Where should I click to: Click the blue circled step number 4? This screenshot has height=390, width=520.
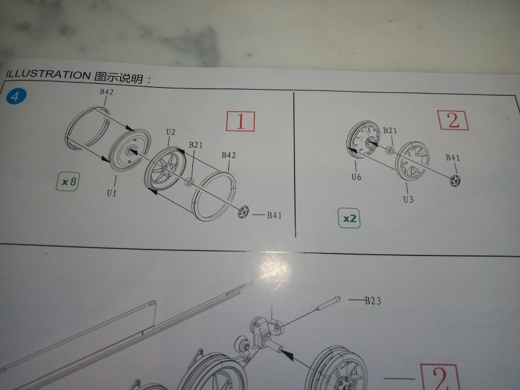point(15,96)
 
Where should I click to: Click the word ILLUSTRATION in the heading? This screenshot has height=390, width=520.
point(47,75)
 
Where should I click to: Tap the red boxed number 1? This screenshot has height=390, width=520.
point(240,121)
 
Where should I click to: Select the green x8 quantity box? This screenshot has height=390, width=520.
point(68,181)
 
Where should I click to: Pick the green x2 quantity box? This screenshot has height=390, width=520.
point(349,218)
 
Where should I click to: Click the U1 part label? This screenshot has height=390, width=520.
point(112,192)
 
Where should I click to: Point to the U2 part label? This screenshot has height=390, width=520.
point(170,132)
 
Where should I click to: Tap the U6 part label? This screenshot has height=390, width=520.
point(356,177)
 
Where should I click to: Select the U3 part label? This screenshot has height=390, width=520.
point(408,199)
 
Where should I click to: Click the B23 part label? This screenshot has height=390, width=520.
point(372,301)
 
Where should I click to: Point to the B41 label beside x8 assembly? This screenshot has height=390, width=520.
point(274,215)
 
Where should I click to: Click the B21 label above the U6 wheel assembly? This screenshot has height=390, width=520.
point(389,131)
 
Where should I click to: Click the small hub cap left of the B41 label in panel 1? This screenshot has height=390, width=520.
point(244,212)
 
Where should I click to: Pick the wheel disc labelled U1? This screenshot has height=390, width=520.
point(129,151)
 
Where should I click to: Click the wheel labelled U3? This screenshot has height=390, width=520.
point(413,161)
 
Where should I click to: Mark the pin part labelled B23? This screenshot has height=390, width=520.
point(329,303)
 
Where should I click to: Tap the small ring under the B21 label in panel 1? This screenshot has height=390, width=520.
point(189,182)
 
